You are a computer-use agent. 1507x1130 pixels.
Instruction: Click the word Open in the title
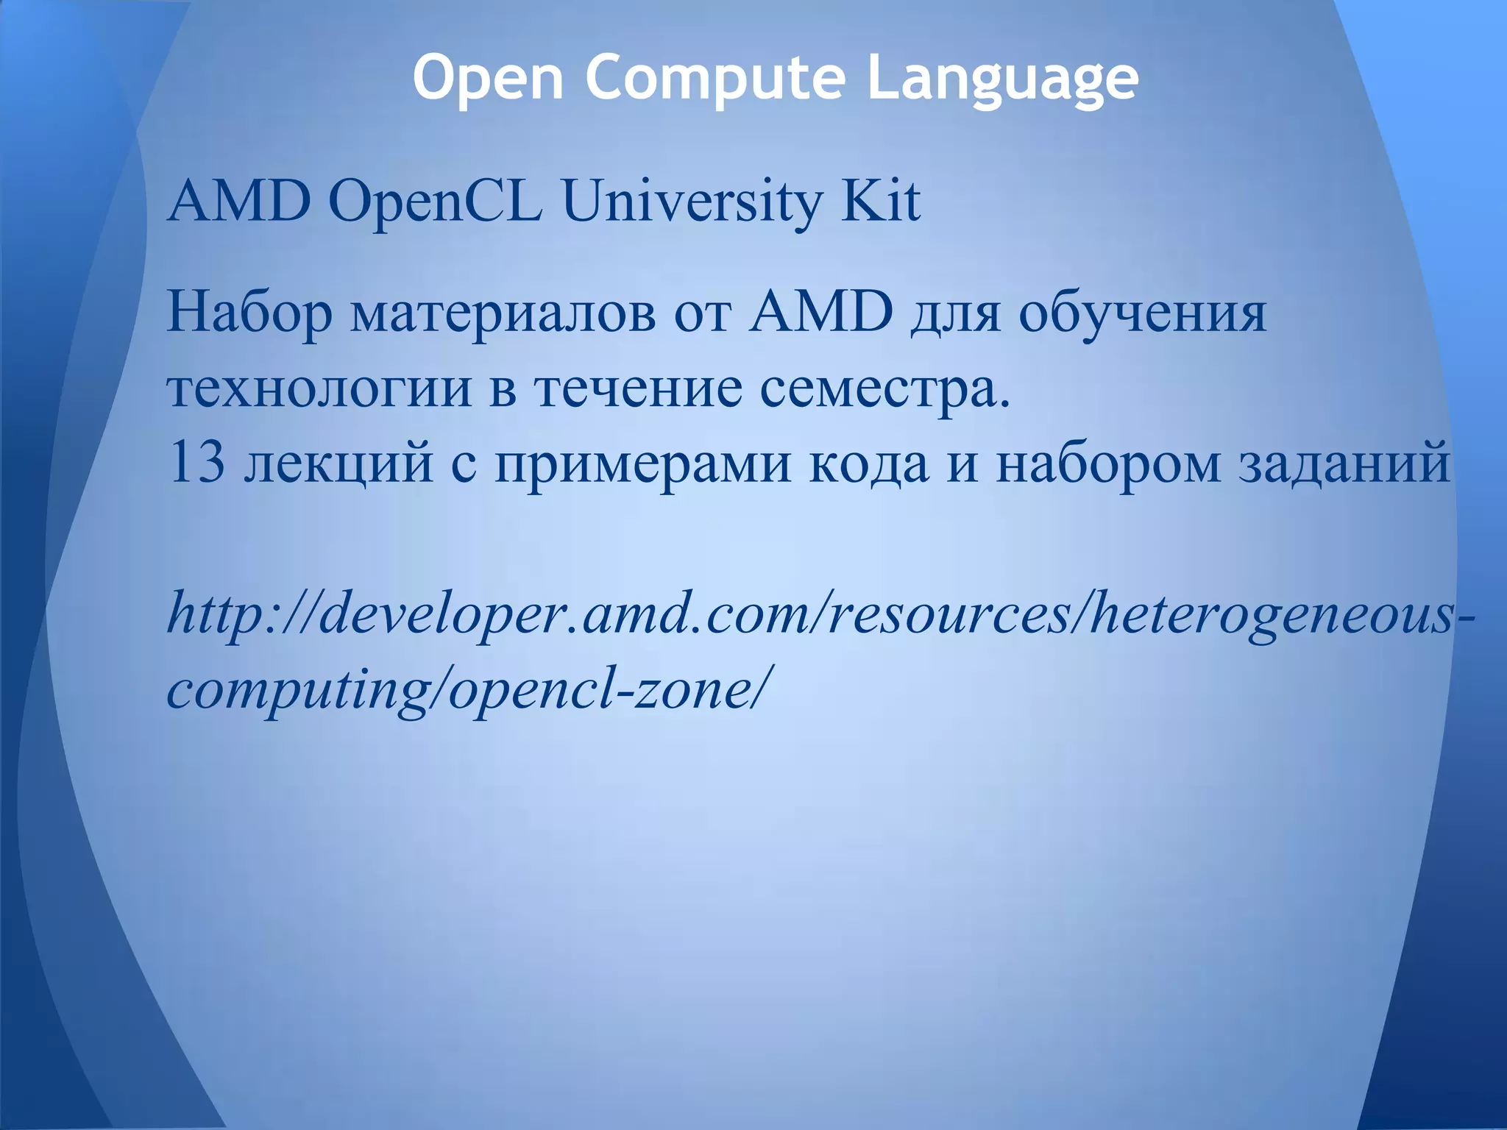(x=488, y=78)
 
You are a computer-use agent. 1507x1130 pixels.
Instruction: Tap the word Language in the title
(x=1002, y=78)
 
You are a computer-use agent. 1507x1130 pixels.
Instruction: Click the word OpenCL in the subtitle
(x=435, y=202)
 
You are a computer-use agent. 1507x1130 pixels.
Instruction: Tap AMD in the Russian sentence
(x=820, y=312)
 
